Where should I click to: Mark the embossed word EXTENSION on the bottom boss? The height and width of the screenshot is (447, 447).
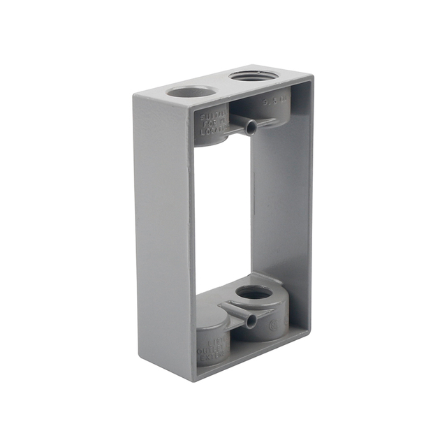212,360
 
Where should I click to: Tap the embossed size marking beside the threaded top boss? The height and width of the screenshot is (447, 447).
274,101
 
